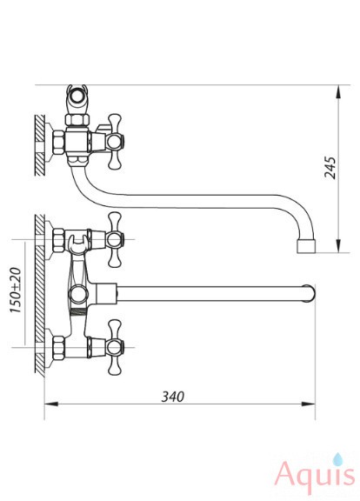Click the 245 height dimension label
click(x=330, y=167)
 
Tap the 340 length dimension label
click(x=173, y=397)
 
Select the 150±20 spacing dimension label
click(x=16, y=290)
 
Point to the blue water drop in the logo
click(x=337, y=459)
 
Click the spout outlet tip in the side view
click(x=306, y=246)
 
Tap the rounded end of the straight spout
click(x=310, y=293)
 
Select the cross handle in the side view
click(x=115, y=142)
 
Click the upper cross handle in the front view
click(x=115, y=239)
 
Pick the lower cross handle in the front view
click(x=115, y=347)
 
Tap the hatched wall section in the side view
click(x=40, y=145)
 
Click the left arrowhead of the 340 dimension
click(x=51, y=404)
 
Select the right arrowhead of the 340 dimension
click(x=309, y=404)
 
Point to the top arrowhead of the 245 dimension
click(x=339, y=92)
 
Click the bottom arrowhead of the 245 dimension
click(x=339, y=245)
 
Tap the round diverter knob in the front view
click(x=78, y=294)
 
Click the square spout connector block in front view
click(x=107, y=293)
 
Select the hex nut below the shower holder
click(x=77, y=119)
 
